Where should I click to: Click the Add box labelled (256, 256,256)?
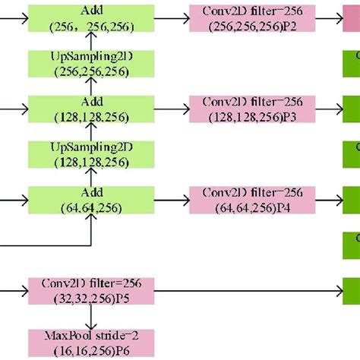pyautogui.click(x=91, y=17)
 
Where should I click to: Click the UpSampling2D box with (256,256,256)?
pyautogui.click(x=91, y=63)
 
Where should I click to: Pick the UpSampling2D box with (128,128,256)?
pyautogui.click(x=91, y=153)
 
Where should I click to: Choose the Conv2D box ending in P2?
pyautogui.click(x=242, y=17)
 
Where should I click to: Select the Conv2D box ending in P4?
pyautogui.click(x=242, y=198)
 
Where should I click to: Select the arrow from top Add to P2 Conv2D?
pyautogui.click(x=171, y=17)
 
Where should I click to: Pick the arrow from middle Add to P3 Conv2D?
pyautogui.click(x=171, y=108)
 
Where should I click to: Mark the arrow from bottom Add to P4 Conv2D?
pyautogui.click(x=171, y=198)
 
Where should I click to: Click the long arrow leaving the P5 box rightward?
pyautogui.click(x=243, y=289)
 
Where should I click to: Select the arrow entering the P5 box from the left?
pyautogui.click(x=14, y=289)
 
